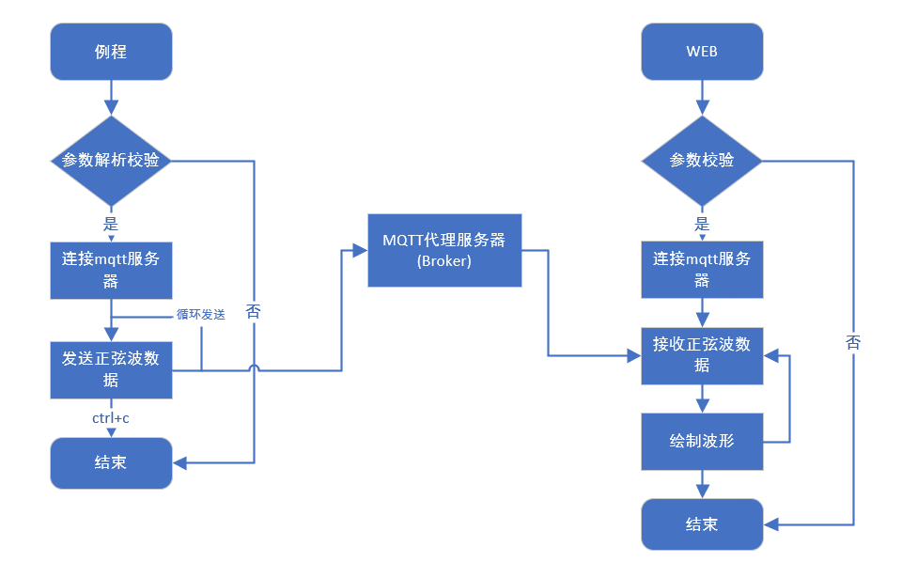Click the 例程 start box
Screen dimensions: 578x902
[111, 51]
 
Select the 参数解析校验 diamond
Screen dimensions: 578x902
[111, 160]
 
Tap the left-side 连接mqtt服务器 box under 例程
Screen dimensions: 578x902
[111, 271]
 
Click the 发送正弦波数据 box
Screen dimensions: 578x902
[111, 369]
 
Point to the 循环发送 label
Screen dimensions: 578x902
[200, 314]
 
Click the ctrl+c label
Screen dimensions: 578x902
[111, 417]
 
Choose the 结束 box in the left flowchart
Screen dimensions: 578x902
[111, 462]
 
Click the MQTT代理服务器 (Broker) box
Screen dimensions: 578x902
[443, 250]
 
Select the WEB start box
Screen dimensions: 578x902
[702, 51]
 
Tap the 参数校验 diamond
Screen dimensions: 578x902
[702, 160]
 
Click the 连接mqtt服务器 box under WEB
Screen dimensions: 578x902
[702, 271]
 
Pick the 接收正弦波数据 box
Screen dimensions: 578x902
[702, 355]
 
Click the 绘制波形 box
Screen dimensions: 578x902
[702, 441]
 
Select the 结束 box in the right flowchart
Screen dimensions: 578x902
[702, 523]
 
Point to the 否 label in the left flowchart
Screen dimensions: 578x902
[254, 312]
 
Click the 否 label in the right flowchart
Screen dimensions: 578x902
[853, 343]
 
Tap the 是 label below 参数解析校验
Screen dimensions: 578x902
[111, 224]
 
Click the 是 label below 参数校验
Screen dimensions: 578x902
[702, 224]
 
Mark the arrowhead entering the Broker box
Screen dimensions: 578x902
[360, 250]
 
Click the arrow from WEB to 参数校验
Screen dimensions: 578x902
[702, 98]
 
